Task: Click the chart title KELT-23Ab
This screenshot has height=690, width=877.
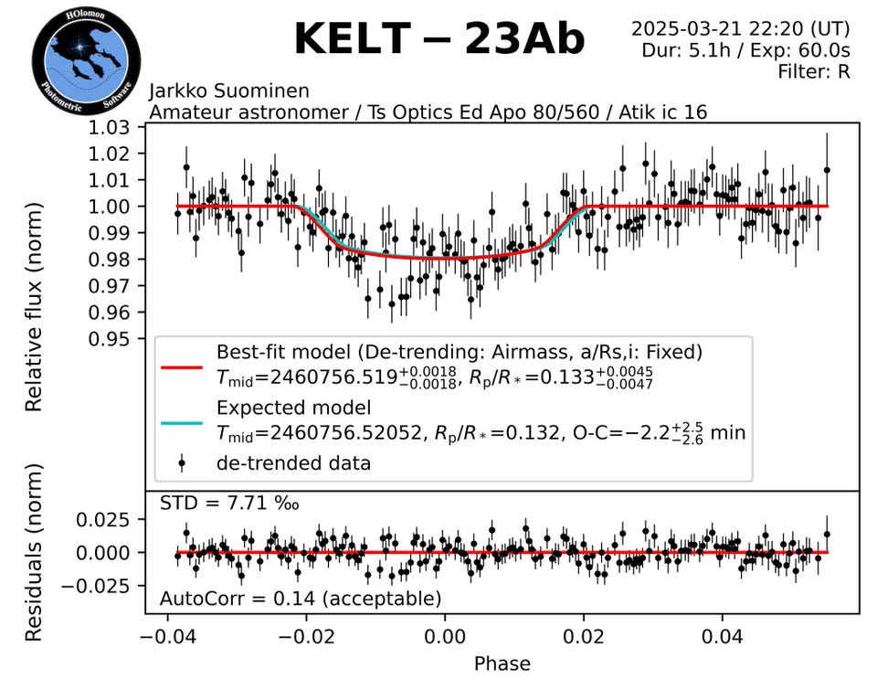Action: tap(438, 38)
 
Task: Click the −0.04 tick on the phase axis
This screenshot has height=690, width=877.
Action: tap(166, 634)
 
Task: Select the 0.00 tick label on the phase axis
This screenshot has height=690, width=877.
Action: tap(445, 634)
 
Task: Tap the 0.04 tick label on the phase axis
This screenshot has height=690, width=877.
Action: tap(723, 634)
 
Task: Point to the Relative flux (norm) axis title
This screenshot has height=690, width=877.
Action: tap(34, 308)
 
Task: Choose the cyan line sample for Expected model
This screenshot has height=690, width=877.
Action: tap(183, 422)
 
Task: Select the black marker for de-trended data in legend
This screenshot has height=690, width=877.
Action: tap(183, 463)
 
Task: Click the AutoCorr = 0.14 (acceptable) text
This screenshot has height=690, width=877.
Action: tap(301, 600)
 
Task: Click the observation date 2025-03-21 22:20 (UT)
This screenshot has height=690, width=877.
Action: tap(741, 28)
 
